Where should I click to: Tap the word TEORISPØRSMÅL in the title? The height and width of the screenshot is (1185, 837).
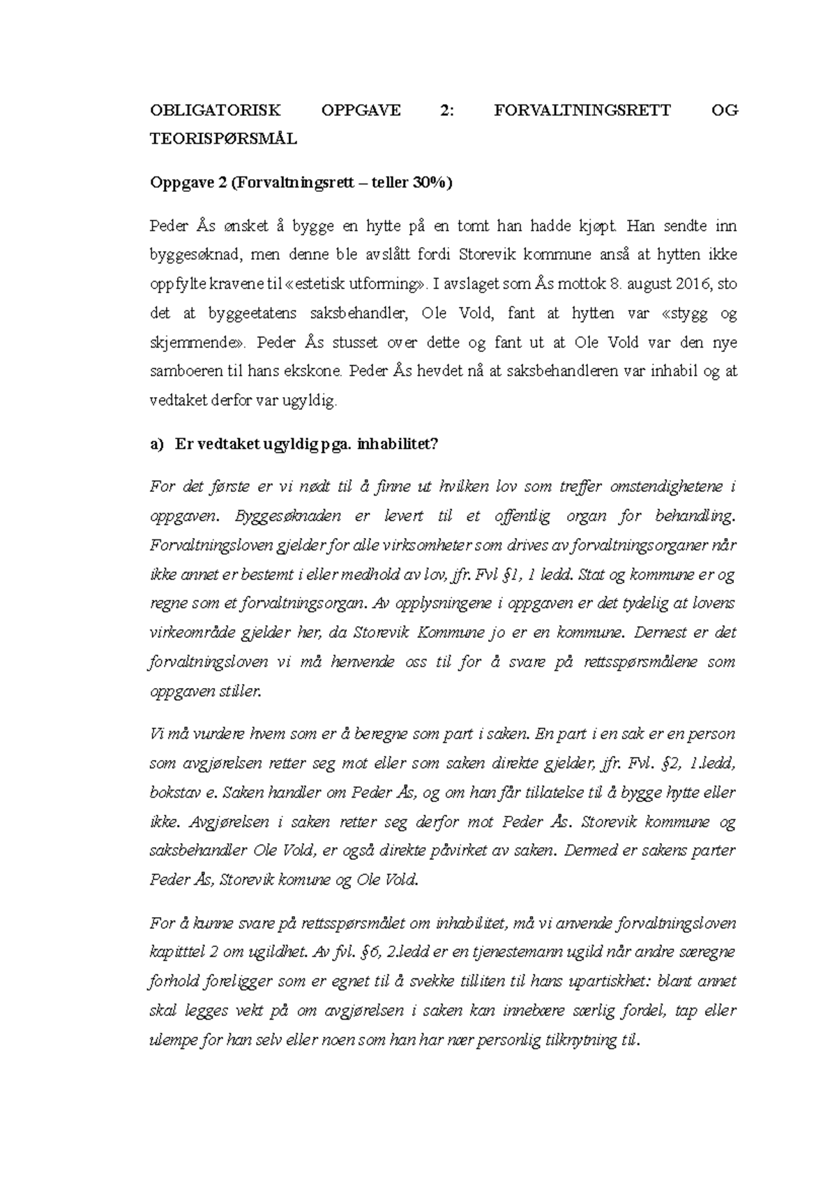223,139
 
